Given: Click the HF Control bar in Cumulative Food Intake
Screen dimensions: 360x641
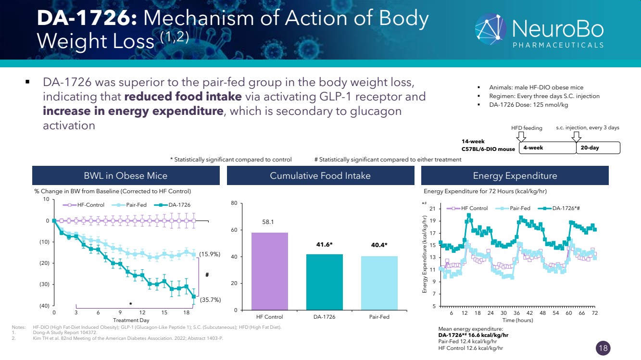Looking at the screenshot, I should [x=270, y=271].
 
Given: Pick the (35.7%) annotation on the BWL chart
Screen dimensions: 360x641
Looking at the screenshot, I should [x=210, y=300].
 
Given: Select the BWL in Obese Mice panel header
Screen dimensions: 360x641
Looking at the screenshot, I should [x=126, y=176].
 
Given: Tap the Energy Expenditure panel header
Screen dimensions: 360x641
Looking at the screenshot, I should [x=515, y=176].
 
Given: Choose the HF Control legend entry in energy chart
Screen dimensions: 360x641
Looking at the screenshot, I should [x=467, y=208].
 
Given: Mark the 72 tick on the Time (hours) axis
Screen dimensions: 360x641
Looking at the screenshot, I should [x=595, y=312].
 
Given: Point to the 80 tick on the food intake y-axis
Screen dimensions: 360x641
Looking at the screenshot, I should [x=234, y=203].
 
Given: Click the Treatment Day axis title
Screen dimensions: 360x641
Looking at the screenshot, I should [x=131, y=320].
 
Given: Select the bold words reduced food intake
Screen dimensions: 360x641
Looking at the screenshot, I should [x=183, y=97].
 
